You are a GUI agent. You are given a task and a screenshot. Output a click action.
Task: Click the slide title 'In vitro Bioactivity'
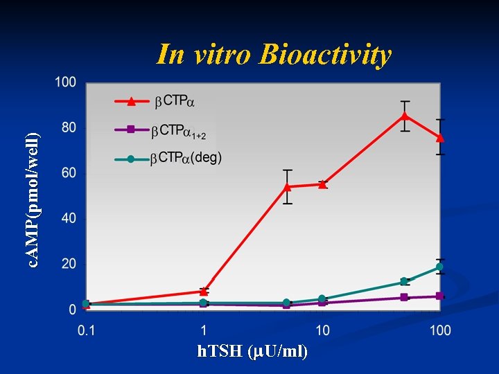tap(274, 54)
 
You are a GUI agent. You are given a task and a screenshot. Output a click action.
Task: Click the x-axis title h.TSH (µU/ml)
tap(253, 351)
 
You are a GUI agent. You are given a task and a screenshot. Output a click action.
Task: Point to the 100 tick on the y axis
tap(66, 82)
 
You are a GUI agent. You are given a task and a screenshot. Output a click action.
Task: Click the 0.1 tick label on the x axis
tap(86, 330)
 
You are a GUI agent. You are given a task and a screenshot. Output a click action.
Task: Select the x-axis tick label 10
tap(322, 330)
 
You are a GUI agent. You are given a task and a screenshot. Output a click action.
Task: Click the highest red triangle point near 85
tap(405, 115)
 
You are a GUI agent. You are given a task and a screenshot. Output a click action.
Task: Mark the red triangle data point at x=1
tap(204, 291)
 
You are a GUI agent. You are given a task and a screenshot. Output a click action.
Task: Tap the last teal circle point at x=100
tap(439, 267)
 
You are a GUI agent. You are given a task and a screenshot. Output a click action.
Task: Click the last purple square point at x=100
tap(439, 296)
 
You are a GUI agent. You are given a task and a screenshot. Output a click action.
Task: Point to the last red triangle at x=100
tap(439, 137)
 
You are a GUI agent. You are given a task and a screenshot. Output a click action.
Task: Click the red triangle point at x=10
tap(322, 184)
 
